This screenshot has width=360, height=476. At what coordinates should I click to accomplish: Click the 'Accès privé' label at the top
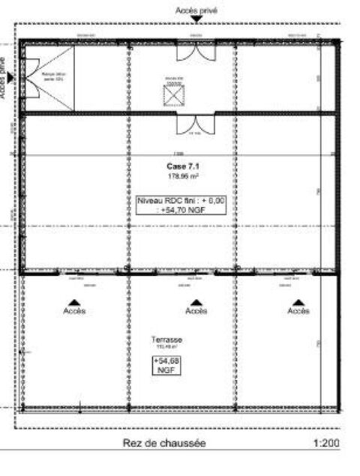[196, 10]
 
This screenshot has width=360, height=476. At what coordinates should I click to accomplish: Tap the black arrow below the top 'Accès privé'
[196, 21]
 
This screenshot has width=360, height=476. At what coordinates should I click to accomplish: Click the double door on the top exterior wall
[196, 51]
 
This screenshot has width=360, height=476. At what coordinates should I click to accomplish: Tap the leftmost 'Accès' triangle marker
[73, 302]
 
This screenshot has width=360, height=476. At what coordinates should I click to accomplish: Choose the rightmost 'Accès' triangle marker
[298, 302]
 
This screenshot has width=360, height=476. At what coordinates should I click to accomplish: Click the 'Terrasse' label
[166, 340]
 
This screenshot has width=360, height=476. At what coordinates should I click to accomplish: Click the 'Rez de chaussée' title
[163, 444]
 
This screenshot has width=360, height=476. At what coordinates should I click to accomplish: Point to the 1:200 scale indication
[326, 444]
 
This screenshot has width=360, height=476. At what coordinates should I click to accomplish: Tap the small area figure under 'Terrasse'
[166, 347]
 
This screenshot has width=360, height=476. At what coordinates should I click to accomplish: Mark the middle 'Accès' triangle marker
[196, 302]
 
